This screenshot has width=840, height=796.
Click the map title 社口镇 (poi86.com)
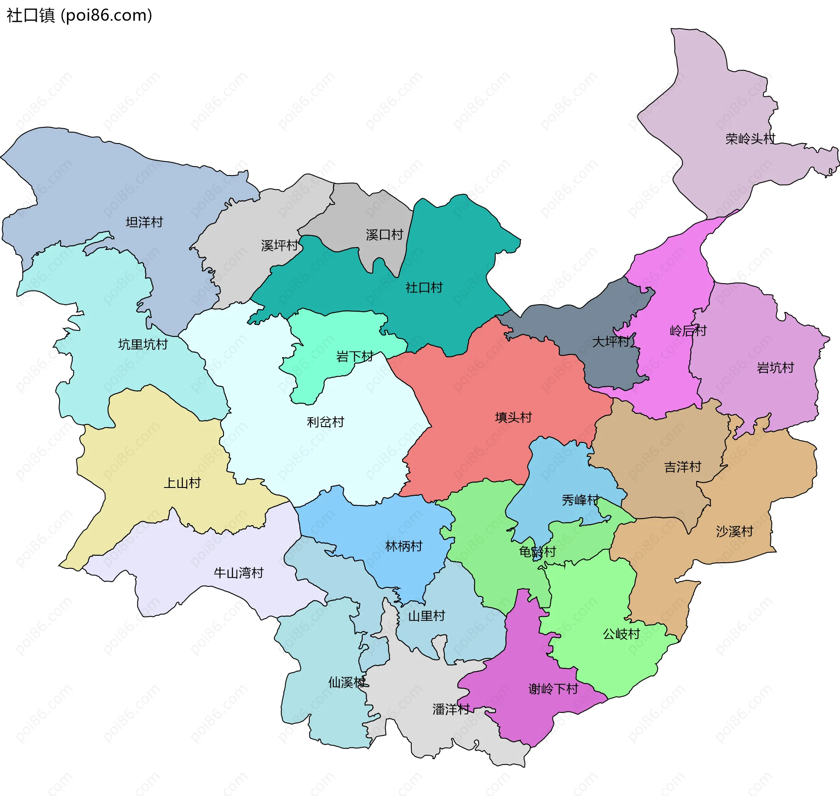coord(79,16)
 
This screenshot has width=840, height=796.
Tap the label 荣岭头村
coord(750,139)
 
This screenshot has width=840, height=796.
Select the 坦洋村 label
coord(144,222)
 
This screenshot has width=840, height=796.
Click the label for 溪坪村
coord(280,245)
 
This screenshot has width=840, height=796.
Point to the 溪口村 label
coord(384,235)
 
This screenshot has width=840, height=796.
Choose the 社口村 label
coord(424,288)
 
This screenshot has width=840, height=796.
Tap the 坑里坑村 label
coord(143,345)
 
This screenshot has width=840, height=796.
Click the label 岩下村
coord(354,357)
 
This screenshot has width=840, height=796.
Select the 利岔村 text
coord(325,422)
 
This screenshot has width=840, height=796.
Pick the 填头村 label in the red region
coord(513,417)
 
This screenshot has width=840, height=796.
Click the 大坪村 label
coord(611,342)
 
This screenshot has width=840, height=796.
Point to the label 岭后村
coord(688,331)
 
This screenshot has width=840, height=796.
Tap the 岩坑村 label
coord(775,368)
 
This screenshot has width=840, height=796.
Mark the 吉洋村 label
coord(682,467)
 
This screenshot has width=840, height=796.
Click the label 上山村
coord(182,483)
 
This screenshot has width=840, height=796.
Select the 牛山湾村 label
coord(238,573)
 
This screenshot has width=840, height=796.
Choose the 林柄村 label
coord(404,547)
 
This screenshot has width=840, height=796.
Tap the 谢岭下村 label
coord(553,689)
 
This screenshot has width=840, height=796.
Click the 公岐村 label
coord(621,634)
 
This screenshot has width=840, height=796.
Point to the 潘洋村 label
coord(451,709)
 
